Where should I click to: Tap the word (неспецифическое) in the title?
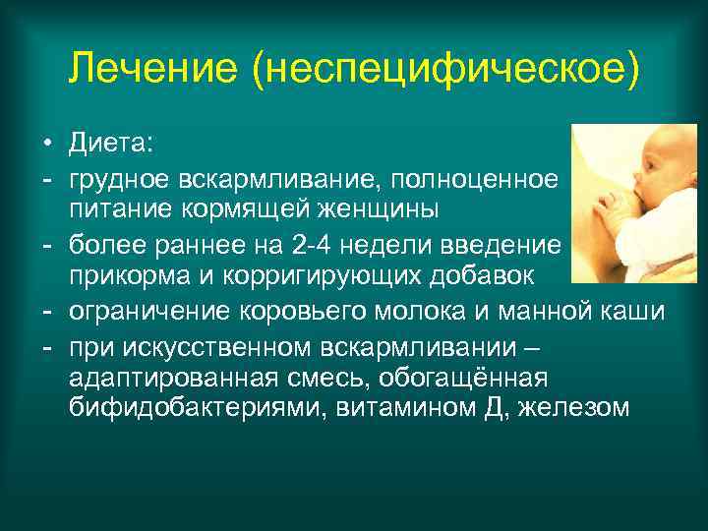[x=446, y=68]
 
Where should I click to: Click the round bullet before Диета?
[x=46, y=147]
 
